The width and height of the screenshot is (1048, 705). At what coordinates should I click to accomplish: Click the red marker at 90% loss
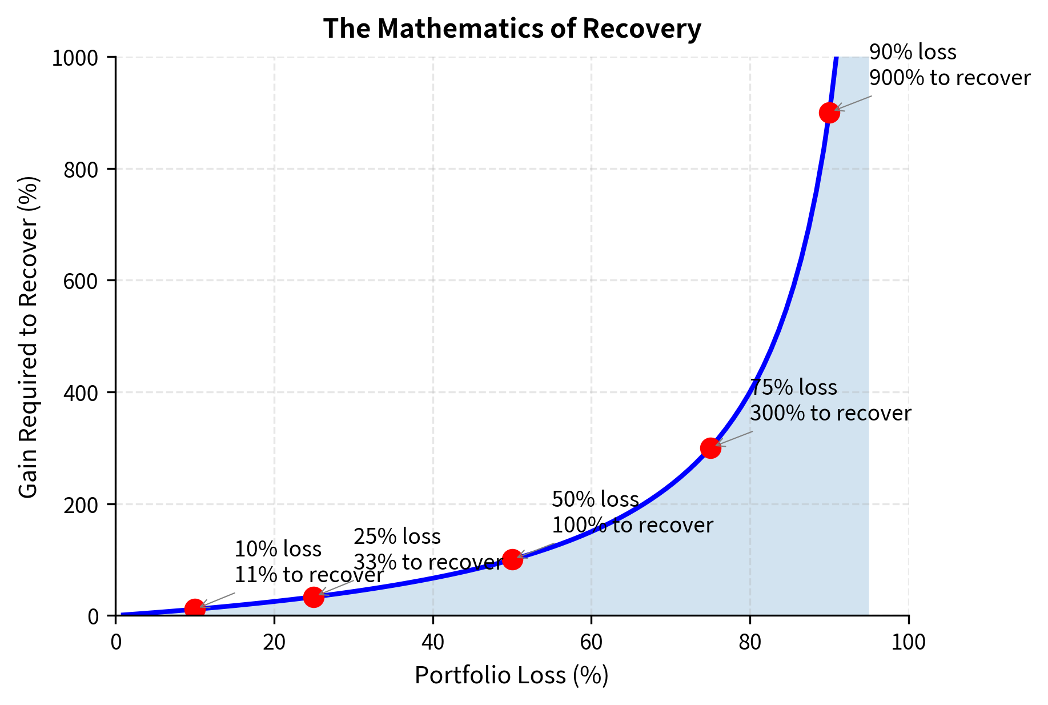pyautogui.click(x=829, y=113)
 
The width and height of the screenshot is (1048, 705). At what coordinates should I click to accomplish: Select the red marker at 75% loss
pyautogui.click(x=710, y=448)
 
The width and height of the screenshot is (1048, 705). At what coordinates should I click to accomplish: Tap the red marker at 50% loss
pyautogui.click(x=512, y=560)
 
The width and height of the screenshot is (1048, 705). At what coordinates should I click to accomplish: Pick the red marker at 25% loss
pyautogui.click(x=314, y=597)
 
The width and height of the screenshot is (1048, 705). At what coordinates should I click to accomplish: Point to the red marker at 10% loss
pyautogui.click(x=195, y=609)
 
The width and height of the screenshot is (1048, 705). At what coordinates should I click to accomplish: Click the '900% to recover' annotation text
pyautogui.click(x=950, y=78)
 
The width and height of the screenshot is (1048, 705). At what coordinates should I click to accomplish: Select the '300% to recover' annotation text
pyautogui.click(x=830, y=413)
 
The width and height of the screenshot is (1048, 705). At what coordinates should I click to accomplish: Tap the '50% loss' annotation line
pyautogui.click(x=595, y=500)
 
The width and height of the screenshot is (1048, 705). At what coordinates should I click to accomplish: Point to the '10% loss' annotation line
pyautogui.click(x=278, y=550)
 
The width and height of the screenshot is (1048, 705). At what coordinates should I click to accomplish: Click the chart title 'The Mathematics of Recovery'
pyautogui.click(x=512, y=29)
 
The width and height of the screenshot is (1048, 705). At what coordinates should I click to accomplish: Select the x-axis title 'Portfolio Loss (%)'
pyautogui.click(x=512, y=675)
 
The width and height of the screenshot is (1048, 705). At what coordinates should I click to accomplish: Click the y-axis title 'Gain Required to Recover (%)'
pyautogui.click(x=29, y=337)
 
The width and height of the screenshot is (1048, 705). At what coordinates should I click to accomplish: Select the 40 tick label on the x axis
pyautogui.click(x=433, y=643)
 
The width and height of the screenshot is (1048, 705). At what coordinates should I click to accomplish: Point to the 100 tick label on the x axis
pyautogui.click(x=908, y=643)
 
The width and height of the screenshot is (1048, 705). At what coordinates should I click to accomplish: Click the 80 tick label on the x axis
pyautogui.click(x=750, y=643)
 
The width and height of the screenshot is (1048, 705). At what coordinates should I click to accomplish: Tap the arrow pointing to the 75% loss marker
pyautogui.click(x=734, y=438)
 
